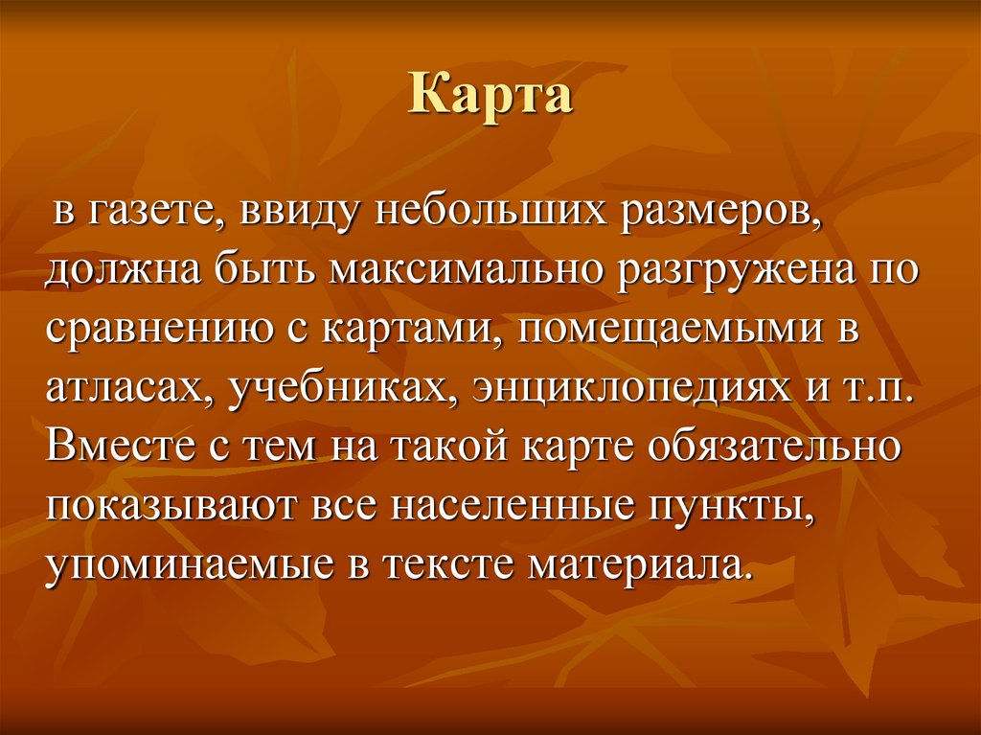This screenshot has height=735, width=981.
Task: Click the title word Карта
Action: pos(490,98)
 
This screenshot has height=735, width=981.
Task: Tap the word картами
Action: pos(404,325)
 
